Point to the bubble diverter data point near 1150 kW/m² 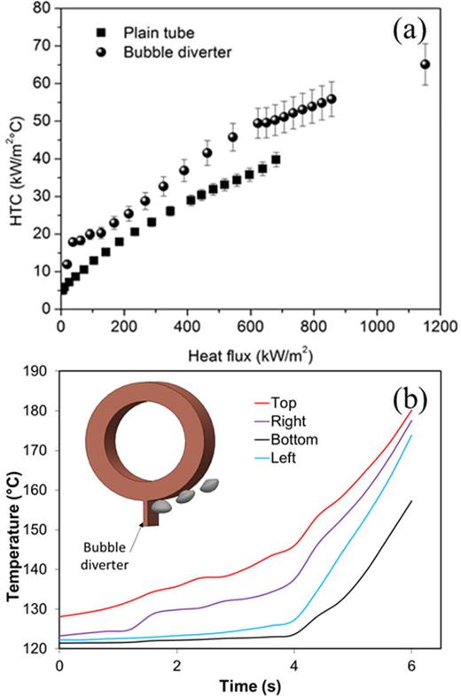pyautogui.click(x=425, y=64)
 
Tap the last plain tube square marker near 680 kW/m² pyautogui.click(x=276, y=160)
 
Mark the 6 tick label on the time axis pyautogui.click(x=411, y=665)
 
